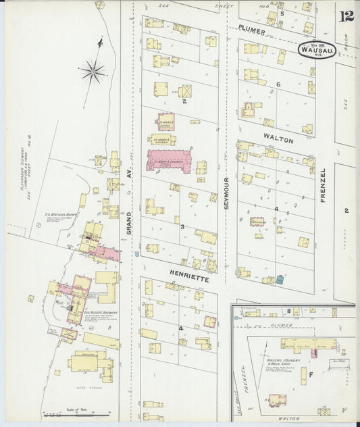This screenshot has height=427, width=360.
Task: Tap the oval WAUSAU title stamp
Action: click(316, 50)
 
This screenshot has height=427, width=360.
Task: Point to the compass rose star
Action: click(93, 69)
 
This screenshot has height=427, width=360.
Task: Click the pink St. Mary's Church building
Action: click(170, 160)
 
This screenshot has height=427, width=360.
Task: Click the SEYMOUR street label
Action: click(228, 193)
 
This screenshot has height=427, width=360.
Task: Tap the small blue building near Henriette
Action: click(280, 279)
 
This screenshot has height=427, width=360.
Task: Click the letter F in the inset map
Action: click(311, 373)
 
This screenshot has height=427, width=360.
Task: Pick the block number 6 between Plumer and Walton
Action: click(278, 84)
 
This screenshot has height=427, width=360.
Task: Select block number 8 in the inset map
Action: click(288, 311)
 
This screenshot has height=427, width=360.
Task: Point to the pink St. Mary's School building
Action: click(165, 122)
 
